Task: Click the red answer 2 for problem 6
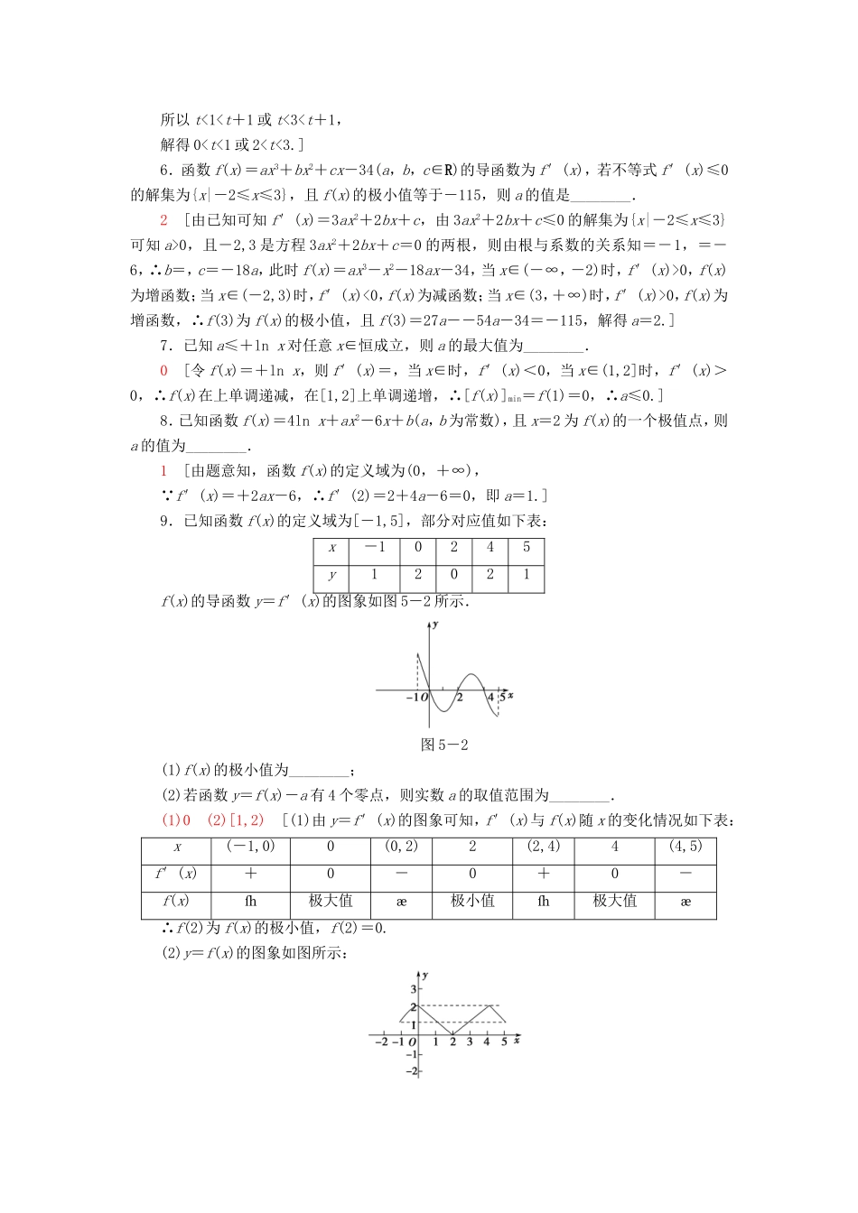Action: pos(163,220)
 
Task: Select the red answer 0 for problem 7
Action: pos(163,371)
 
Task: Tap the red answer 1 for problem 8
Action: pos(163,471)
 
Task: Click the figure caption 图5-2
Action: pos(444,745)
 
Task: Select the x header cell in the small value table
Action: pos(332,548)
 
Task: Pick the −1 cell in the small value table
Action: pos(374,548)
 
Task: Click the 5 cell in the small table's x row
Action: pos(527,548)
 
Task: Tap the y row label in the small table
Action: pos(332,575)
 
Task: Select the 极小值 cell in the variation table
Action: pos(472,901)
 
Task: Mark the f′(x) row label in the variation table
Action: pos(176,874)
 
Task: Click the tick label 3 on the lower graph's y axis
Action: pos(414,990)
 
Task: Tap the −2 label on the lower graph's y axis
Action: pos(412,1071)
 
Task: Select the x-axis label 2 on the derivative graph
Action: pos(460,698)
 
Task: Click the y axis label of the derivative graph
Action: pos(436,625)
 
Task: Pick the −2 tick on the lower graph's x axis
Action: pos(381,1042)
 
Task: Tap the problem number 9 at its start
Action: pos(164,521)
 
